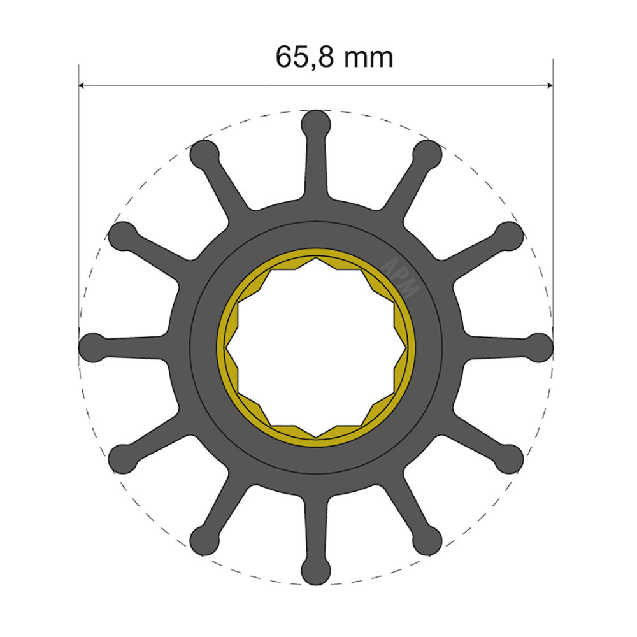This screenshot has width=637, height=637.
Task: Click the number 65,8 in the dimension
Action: [304, 58]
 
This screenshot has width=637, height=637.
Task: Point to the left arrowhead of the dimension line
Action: [82, 85]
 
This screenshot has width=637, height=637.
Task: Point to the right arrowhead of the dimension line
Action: [548, 85]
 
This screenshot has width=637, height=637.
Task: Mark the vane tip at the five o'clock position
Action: [427, 541]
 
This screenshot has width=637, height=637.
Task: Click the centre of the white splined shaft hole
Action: [316, 347]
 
